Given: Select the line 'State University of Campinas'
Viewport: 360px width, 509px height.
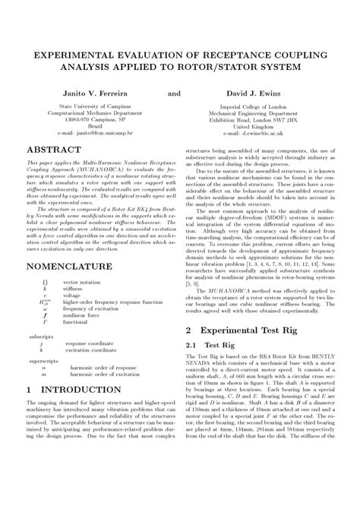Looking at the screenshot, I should click(95, 107).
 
